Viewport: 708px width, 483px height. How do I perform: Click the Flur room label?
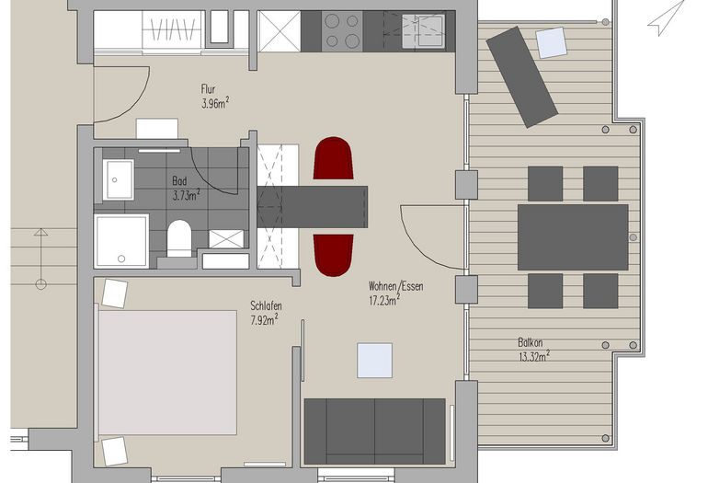coord(208,88)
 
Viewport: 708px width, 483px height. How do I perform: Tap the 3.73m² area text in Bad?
coord(186,195)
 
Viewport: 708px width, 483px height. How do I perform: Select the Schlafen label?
coord(266,305)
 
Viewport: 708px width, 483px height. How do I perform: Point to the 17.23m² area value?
coord(384,300)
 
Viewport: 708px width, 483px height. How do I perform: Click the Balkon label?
coord(531,342)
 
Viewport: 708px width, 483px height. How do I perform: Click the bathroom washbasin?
coord(118,179)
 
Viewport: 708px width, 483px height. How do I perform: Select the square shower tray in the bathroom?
coord(121,241)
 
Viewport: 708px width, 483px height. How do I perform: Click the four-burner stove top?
coord(342,31)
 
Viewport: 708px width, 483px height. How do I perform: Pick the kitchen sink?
coord(424,29)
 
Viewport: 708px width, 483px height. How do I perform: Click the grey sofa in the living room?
coord(375,431)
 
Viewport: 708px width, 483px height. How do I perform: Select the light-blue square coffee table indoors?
coord(375,360)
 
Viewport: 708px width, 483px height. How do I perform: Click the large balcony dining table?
coord(573,237)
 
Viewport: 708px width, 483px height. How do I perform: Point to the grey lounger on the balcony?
coord(521,76)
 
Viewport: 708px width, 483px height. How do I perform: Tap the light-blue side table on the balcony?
coord(552,43)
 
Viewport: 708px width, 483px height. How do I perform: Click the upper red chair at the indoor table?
coord(333,158)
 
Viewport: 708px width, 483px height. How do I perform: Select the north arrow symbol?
coord(666,18)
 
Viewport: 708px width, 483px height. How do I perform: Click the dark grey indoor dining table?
coord(313,206)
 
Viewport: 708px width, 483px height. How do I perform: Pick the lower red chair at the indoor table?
coord(333,255)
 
